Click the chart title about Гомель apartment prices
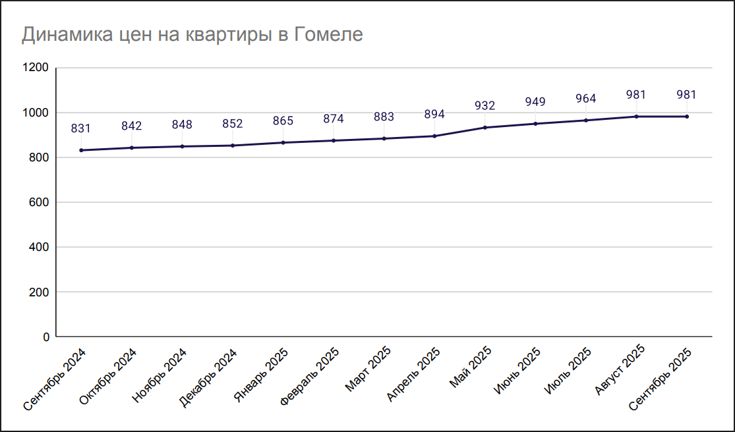click(x=192, y=34)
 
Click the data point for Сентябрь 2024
click(x=81, y=150)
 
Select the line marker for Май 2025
click(x=485, y=127)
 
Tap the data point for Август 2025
click(x=636, y=117)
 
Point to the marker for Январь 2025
click(x=283, y=142)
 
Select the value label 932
click(x=485, y=105)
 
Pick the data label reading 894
click(x=434, y=115)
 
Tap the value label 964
click(x=585, y=99)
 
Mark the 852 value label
click(x=232, y=123)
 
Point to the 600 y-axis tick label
click(x=40, y=202)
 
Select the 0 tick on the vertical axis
click(x=45, y=337)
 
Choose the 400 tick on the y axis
click(x=40, y=247)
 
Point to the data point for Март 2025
click(x=384, y=138)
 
